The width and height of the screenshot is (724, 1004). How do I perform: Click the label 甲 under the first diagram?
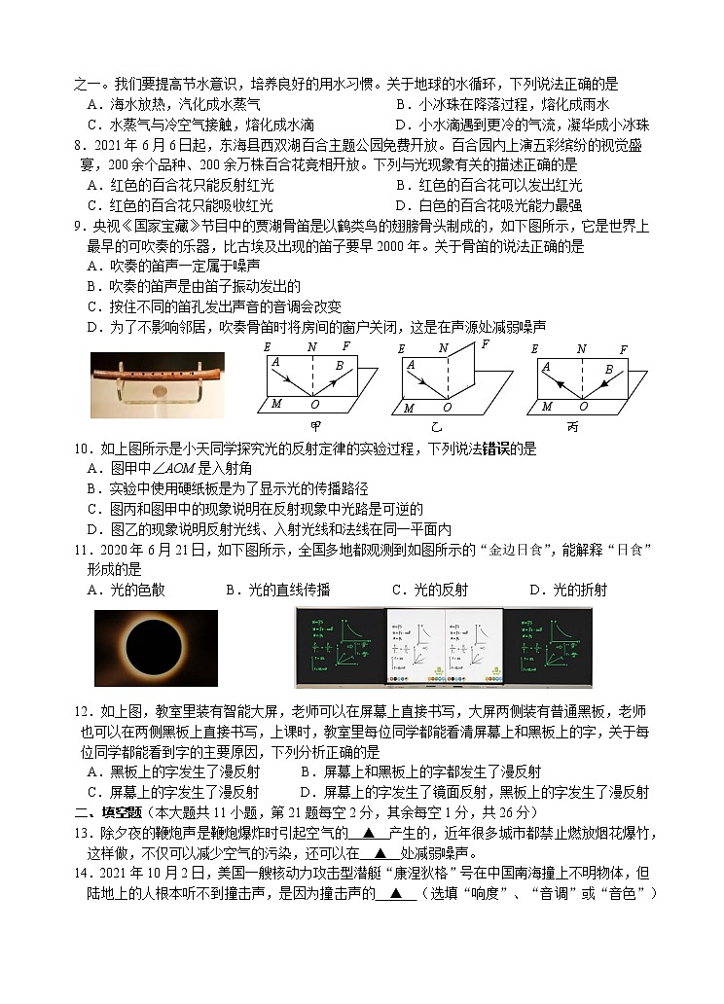316,426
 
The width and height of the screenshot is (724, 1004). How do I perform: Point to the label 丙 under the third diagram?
582,426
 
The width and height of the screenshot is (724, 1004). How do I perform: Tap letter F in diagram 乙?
485,344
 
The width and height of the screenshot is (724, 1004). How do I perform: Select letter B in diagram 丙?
608,370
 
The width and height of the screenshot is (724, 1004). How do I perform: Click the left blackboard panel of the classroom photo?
340,649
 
